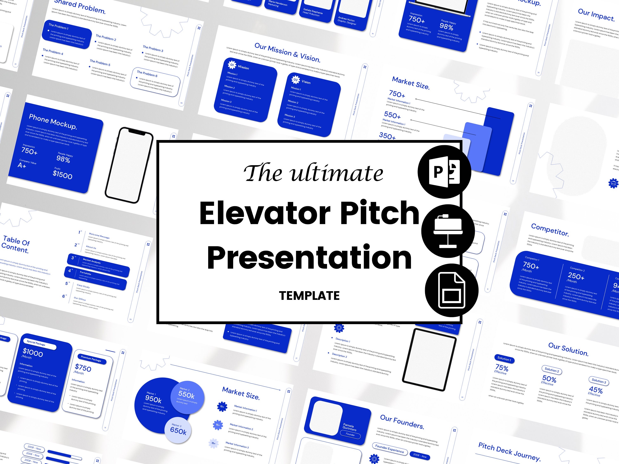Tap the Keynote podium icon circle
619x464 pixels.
(448, 231)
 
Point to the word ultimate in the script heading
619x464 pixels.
(337, 173)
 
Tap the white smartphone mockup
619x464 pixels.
(129, 165)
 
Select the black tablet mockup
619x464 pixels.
(429, 359)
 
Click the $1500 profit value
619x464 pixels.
(62, 175)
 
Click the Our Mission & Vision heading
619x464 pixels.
(287, 53)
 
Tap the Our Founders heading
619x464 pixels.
(402, 422)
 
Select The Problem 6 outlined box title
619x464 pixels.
(147, 74)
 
